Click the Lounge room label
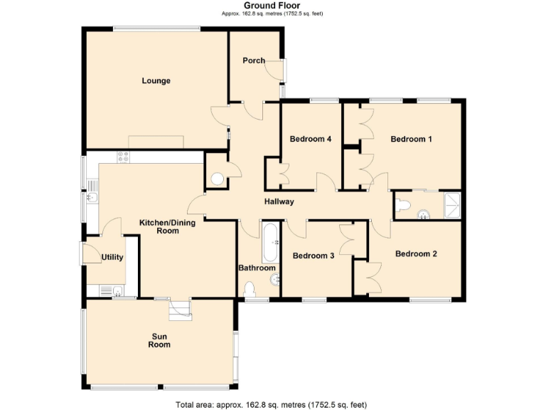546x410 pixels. point(156,81)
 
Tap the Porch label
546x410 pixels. point(253,61)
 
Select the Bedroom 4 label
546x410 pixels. point(311,140)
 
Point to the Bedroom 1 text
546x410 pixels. point(411,140)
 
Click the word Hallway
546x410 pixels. point(279,202)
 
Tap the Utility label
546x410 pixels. point(112,258)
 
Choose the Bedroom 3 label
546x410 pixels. point(313,256)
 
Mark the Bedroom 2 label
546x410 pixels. point(416,253)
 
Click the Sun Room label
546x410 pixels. point(159,340)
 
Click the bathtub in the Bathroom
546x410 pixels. point(271,241)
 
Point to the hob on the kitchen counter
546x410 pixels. point(123,157)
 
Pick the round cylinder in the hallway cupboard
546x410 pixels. point(218,177)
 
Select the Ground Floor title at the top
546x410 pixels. point(272,6)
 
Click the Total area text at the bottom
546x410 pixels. point(272,404)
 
